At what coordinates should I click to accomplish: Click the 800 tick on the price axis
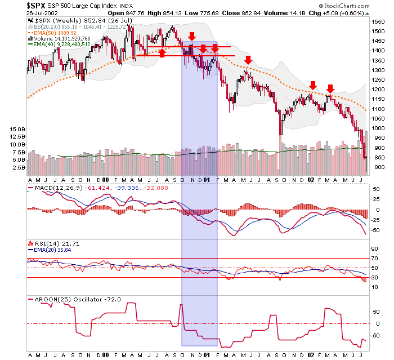coord(375,167)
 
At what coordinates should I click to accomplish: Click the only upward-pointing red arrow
coord(162,53)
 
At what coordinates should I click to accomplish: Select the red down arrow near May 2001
coord(248,60)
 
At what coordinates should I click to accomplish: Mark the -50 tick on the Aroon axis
coord(374,336)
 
